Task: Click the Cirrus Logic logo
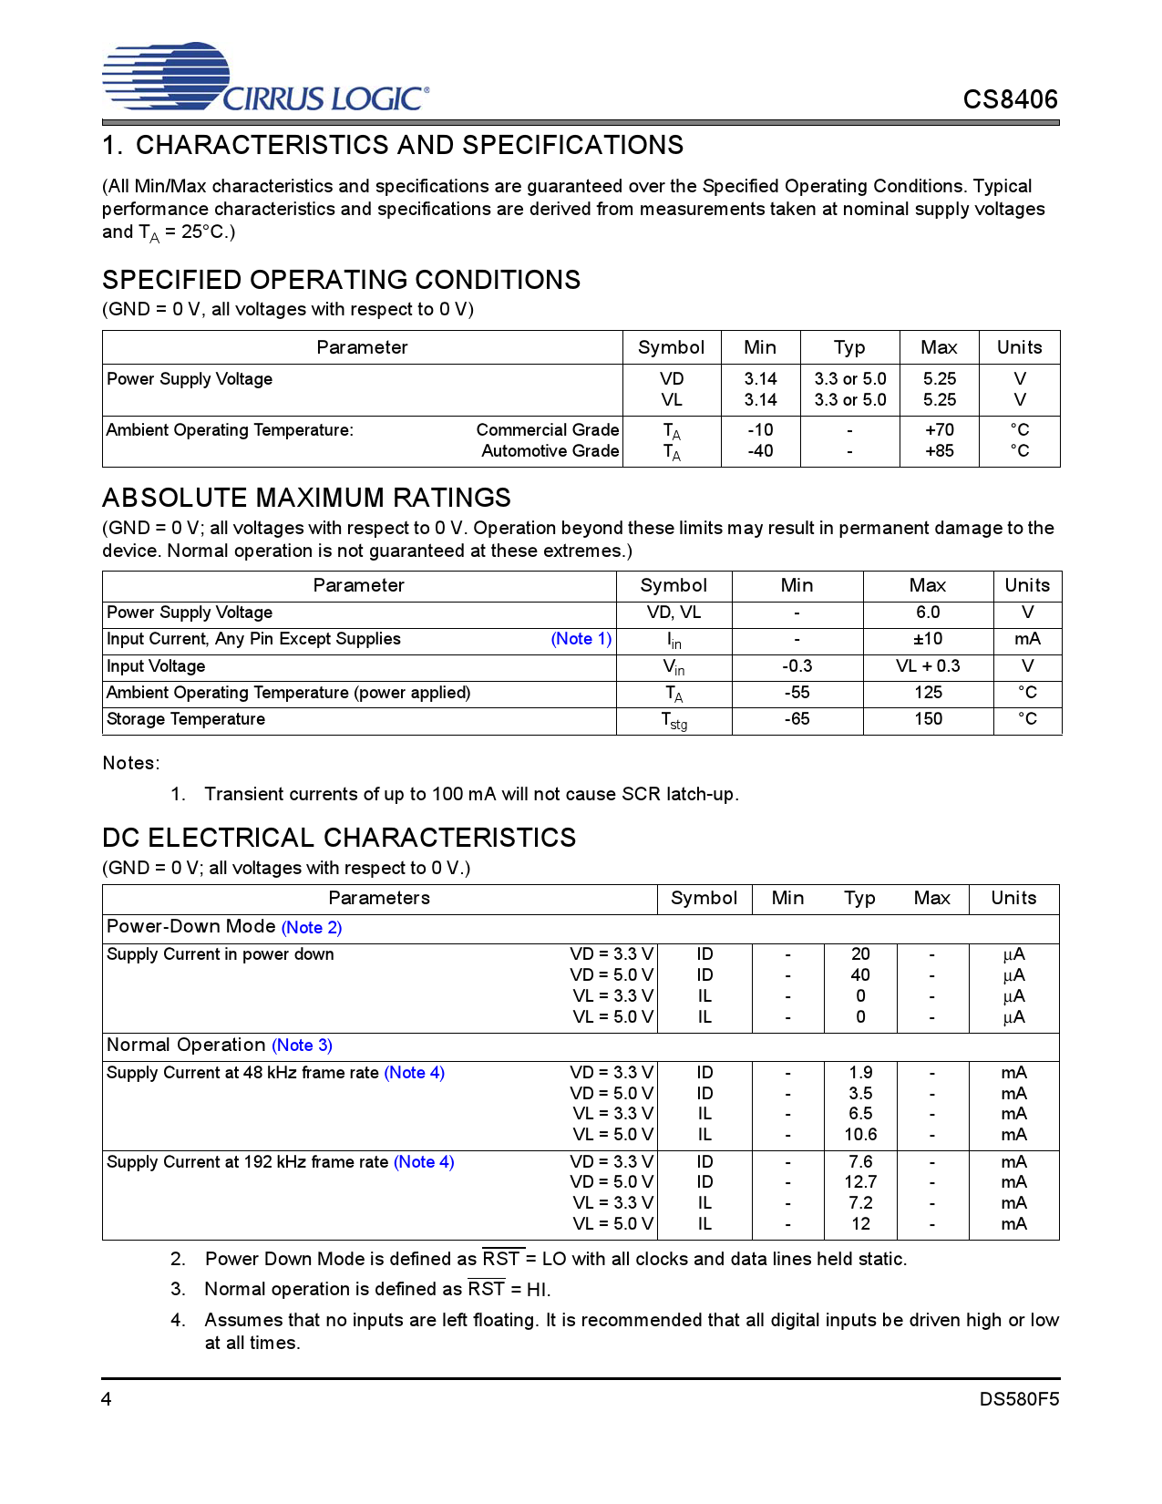264,78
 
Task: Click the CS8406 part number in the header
1010,99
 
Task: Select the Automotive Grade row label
550,450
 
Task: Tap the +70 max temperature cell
939,429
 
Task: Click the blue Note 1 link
581,639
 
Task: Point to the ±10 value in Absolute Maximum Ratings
928,639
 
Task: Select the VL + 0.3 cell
928,665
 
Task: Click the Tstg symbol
674,720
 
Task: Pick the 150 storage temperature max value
928,719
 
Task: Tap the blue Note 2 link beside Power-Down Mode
312,927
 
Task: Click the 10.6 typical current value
860,1134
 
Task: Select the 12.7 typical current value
860,1181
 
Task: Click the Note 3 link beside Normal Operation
302,1046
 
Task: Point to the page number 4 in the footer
107,1399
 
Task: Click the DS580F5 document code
1019,1399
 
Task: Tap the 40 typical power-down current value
860,974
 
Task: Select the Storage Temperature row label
186,719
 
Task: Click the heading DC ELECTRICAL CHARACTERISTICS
339,838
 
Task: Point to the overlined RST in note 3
486,1289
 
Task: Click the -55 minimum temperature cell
797,693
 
